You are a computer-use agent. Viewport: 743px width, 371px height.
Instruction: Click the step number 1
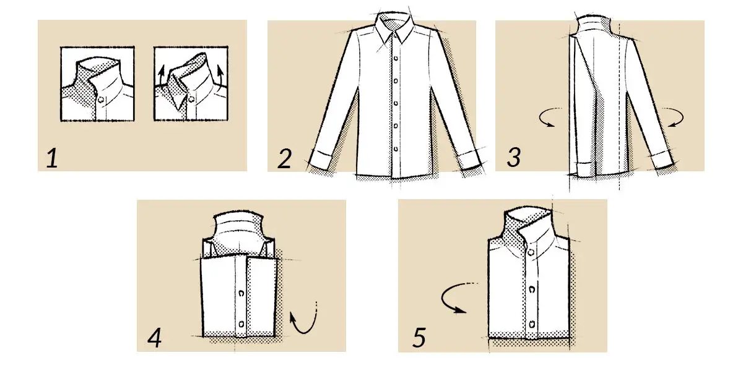[53, 158]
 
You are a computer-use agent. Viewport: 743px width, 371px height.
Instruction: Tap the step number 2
[285, 159]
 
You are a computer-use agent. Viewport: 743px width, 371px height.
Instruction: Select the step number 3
[514, 157]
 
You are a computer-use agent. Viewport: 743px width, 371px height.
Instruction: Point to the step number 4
[155, 338]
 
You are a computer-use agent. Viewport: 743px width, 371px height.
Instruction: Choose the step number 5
[419, 338]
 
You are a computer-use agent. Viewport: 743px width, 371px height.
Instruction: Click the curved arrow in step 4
[309, 326]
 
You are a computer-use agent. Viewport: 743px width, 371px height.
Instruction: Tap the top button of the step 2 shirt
[396, 58]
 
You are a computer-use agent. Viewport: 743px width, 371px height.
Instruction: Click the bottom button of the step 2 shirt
[396, 149]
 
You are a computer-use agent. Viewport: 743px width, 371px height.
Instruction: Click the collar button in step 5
[531, 252]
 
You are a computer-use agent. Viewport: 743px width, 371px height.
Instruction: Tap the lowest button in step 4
[241, 323]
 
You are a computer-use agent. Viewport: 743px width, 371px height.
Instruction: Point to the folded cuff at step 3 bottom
[586, 169]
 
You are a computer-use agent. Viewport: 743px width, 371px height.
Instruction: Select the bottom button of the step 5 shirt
[532, 323]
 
